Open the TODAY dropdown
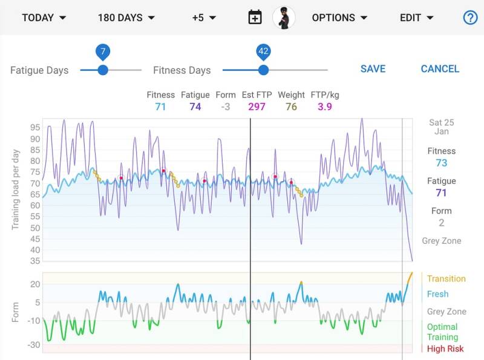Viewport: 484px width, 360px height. point(44,18)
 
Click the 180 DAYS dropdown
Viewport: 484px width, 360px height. point(126,18)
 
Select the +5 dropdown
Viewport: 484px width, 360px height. point(204,18)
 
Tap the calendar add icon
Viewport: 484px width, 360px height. point(255,18)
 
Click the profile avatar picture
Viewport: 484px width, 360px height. point(284,18)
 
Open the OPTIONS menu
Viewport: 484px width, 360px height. point(339,18)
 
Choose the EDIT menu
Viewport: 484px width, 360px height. point(417,18)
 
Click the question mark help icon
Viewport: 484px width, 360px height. point(470,18)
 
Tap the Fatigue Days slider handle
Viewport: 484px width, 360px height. point(103,70)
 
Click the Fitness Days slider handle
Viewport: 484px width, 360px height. point(263,70)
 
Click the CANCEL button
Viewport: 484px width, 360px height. point(440,69)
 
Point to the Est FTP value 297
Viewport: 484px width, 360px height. point(257,107)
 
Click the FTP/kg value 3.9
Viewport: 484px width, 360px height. point(325,107)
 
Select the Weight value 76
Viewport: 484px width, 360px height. point(291,107)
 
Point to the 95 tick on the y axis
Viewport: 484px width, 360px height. point(34,128)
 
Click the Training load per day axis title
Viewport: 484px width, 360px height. point(16,189)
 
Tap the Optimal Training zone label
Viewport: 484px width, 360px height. point(442,332)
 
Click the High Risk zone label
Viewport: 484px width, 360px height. point(445,349)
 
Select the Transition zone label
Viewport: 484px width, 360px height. point(446,279)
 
